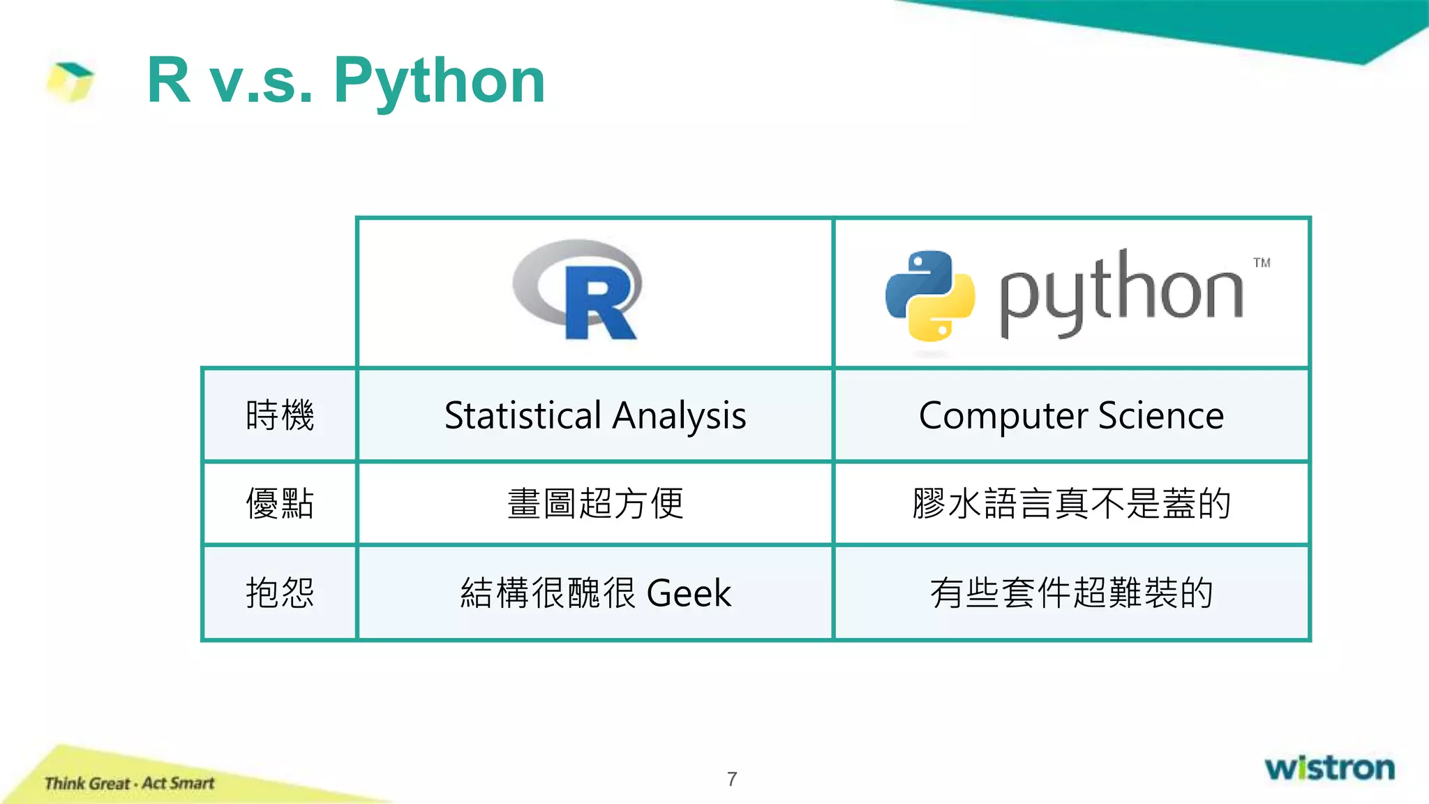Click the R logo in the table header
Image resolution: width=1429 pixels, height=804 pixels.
[x=578, y=290]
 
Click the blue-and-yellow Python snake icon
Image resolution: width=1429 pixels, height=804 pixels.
[x=929, y=296]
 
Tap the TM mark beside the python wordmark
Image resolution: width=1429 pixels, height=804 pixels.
[x=1262, y=263]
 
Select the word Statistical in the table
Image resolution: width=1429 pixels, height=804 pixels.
[x=523, y=416]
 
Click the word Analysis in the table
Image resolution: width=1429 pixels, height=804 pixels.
[x=680, y=417]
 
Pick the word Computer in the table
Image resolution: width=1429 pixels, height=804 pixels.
[x=1002, y=417]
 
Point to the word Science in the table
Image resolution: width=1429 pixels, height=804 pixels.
[x=1161, y=416]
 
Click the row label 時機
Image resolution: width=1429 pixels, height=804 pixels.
[x=280, y=415]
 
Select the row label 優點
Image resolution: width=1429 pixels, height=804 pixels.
[x=280, y=503]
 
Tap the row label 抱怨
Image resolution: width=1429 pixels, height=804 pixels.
[x=280, y=593]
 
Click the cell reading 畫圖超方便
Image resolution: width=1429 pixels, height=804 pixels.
[x=595, y=503]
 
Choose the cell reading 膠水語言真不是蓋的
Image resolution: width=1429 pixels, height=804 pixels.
[x=1071, y=503]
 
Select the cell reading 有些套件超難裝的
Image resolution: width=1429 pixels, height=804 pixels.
[x=1071, y=593]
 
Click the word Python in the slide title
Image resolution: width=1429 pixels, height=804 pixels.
[x=439, y=82]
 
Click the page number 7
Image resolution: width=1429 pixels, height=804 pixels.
[x=732, y=779]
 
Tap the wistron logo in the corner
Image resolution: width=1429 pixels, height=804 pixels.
[x=1329, y=768]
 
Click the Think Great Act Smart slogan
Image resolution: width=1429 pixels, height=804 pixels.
[x=129, y=783]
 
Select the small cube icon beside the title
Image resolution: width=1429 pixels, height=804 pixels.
[x=70, y=81]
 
